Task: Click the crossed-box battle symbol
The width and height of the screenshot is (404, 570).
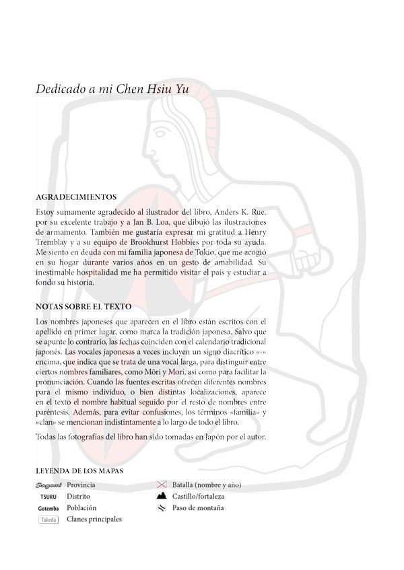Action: [162, 485]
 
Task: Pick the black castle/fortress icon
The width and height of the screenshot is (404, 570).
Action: [162, 496]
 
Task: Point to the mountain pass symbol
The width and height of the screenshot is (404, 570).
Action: [162, 508]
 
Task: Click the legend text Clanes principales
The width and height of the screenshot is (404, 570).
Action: [94, 520]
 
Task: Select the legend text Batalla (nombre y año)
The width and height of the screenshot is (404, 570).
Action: [207, 485]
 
